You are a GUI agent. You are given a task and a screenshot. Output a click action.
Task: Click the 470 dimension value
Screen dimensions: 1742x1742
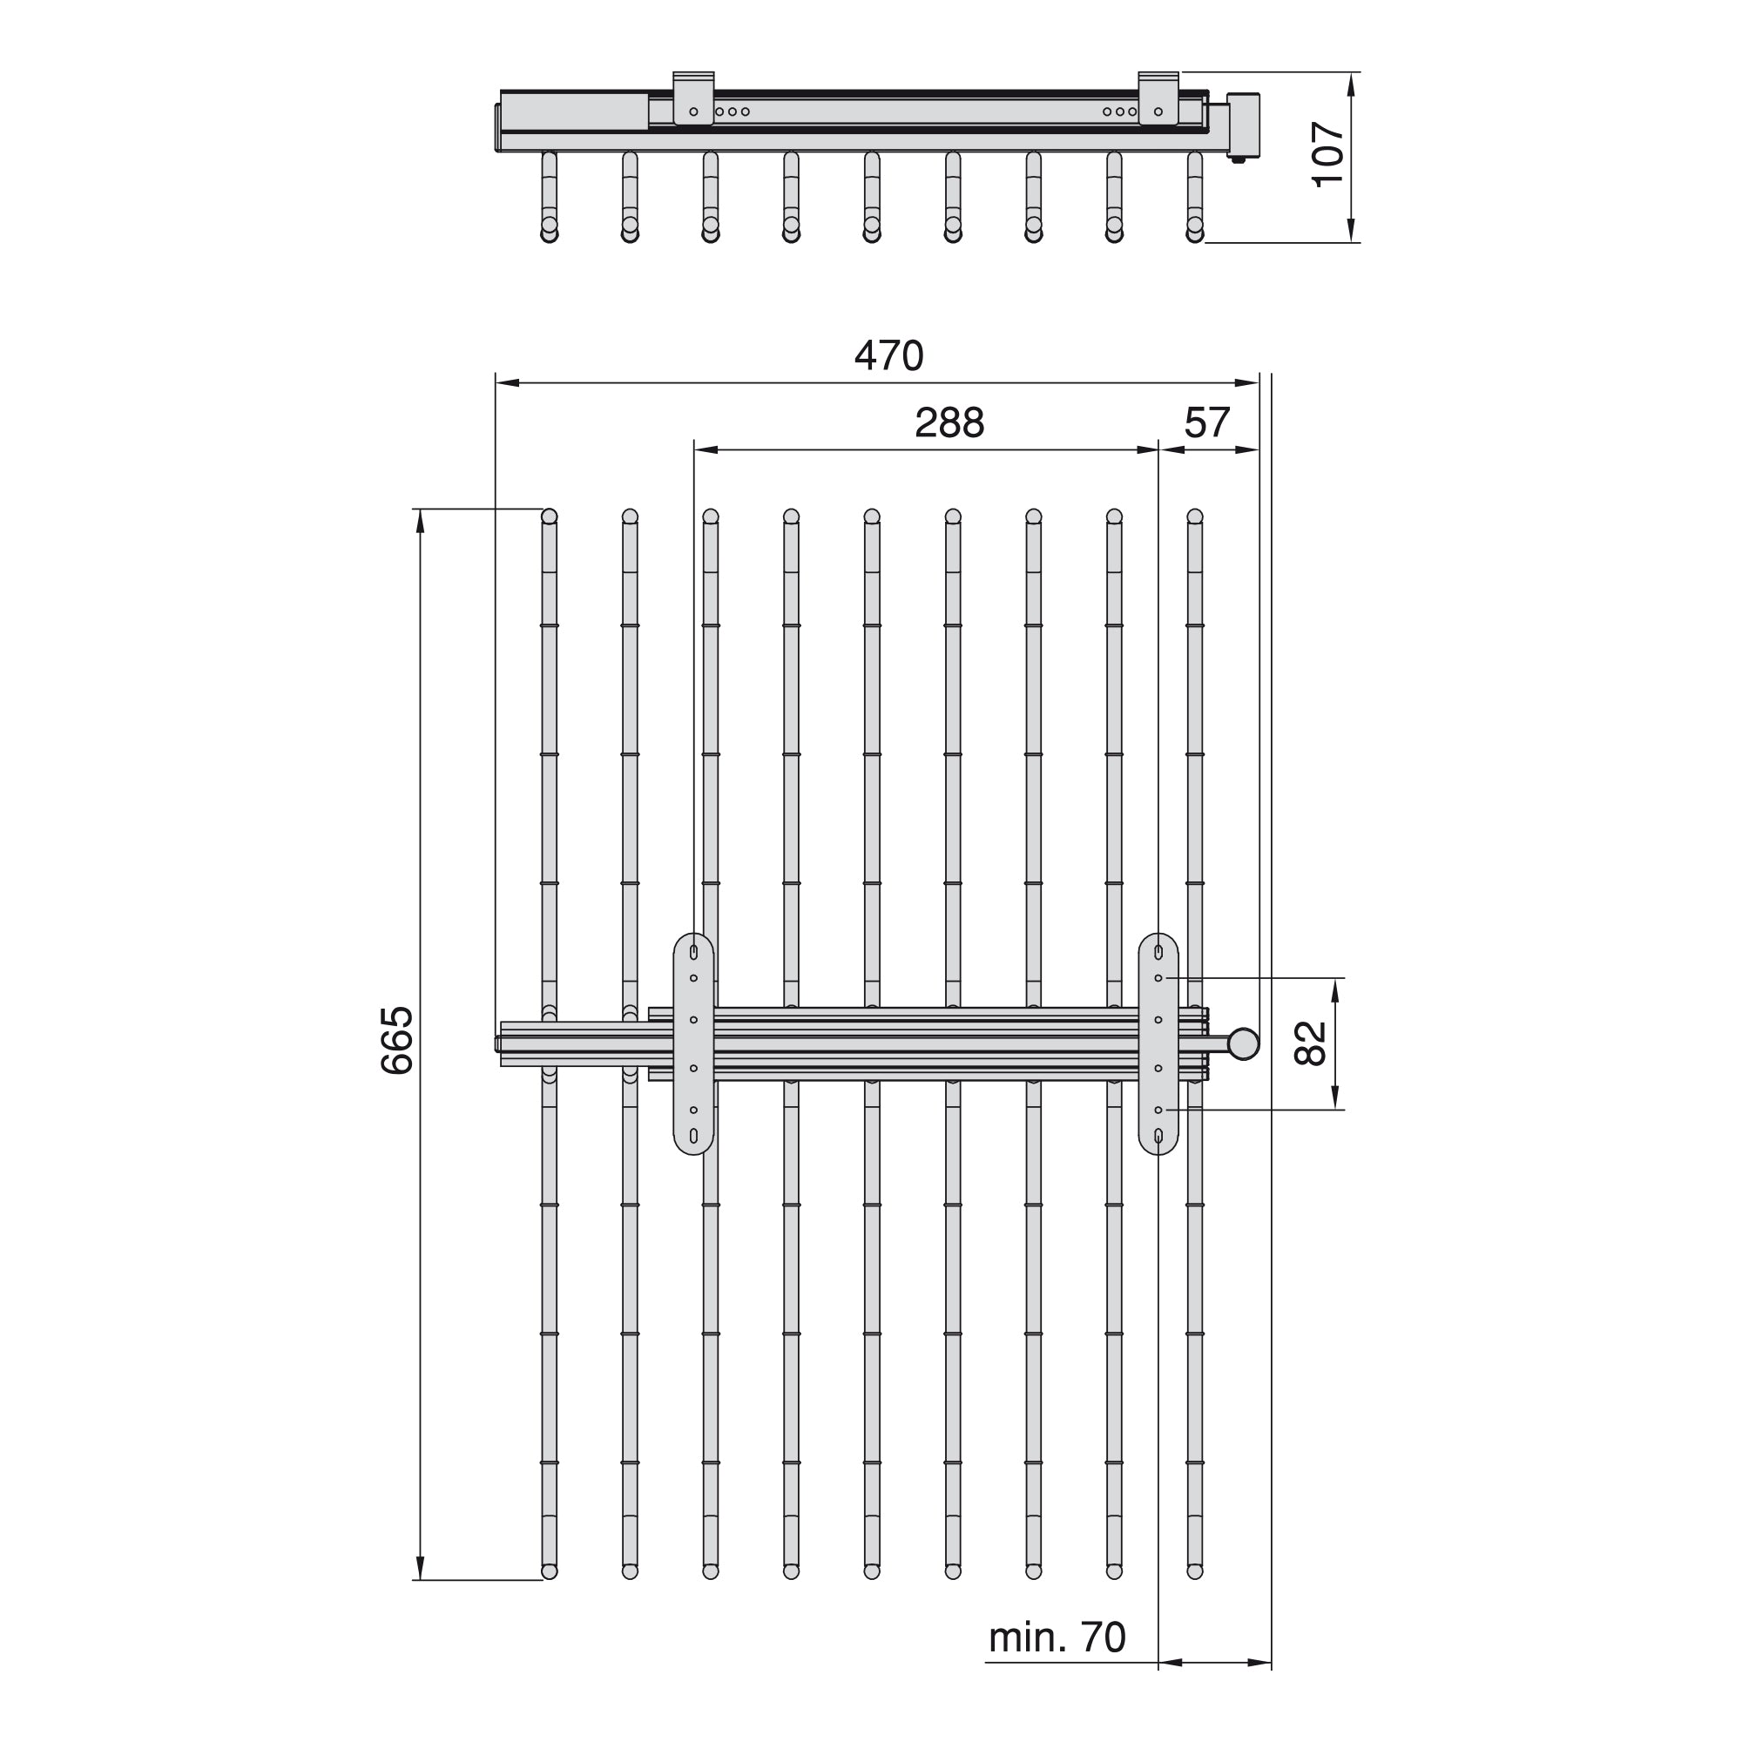(x=889, y=356)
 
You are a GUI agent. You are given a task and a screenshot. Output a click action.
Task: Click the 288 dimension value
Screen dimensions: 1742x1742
(x=949, y=423)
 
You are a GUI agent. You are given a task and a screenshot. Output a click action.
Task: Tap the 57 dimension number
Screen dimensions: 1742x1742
(x=1207, y=423)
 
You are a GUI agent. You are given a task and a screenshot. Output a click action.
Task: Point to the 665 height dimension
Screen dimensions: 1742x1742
(x=396, y=1041)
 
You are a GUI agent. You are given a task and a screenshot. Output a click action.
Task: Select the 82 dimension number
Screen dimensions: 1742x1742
(x=1310, y=1043)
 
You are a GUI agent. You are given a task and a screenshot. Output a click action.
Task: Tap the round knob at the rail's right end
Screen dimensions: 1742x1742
(x=1244, y=1043)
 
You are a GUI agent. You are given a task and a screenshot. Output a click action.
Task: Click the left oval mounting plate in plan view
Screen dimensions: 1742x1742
(x=693, y=1043)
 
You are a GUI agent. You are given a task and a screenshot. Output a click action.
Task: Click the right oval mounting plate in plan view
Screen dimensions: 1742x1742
(x=1158, y=1043)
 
